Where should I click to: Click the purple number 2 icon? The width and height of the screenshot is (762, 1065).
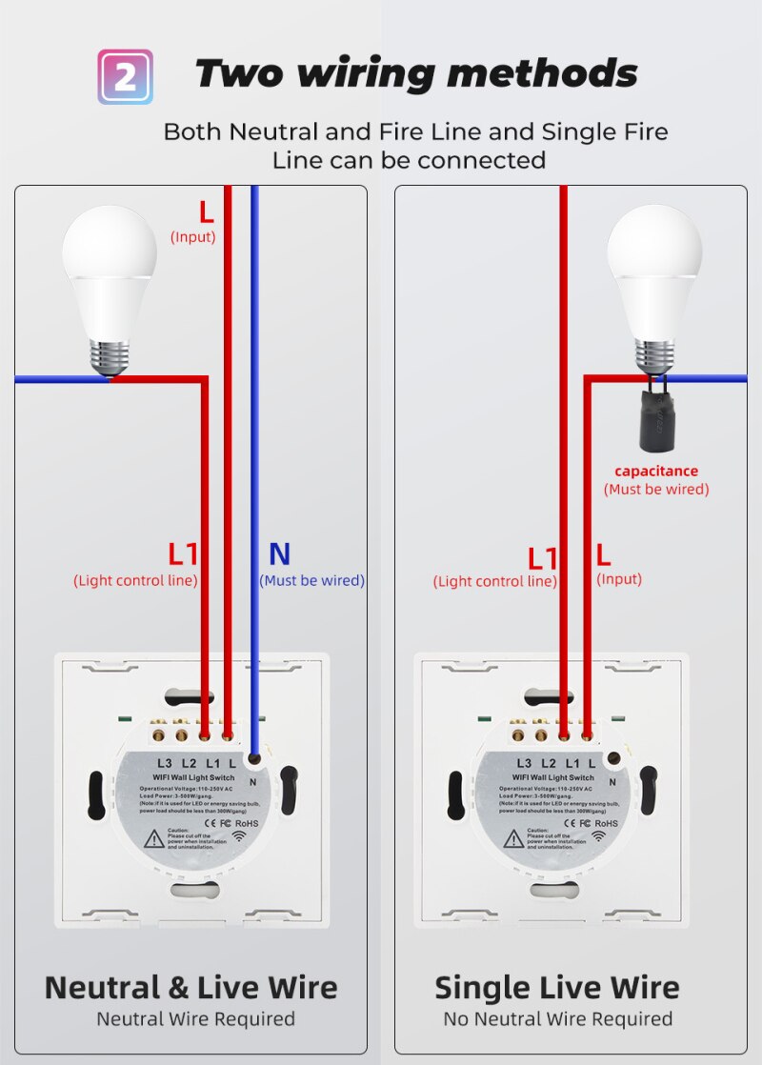pyautogui.click(x=125, y=76)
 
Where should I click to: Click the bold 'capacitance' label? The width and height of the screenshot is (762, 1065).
pyautogui.click(x=656, y=471)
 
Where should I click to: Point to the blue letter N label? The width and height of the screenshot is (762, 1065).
pyautogui.click(x=279, y=553)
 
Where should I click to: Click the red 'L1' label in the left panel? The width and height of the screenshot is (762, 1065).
pyautogui.click(x=183, y=553)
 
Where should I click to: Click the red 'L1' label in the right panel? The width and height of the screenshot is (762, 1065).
pyautogui.click(x=543, y=557)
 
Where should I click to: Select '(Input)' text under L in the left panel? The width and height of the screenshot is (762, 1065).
pyautogui.click(x=192, y=237)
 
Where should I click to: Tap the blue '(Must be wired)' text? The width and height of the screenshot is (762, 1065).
pyautogui.click(x=311, y=580)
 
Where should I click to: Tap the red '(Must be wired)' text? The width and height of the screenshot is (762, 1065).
pyautogui.click(x=656, y=490)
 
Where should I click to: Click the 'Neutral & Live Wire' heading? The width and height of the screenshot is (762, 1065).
pyautogui.click(x=190, y=987)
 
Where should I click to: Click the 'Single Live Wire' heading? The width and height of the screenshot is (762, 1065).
pyautogui.click(x=557, y=987)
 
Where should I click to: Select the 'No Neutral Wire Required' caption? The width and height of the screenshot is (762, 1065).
pyautogui.click(x=557, y=1019)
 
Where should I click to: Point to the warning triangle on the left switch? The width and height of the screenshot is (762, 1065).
pyautogui.click(x=152, y=839)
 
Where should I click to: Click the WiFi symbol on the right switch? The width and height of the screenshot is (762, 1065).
pyautogui.click(x=601, y=836)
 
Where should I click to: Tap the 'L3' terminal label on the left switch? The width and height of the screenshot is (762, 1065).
pyautogui.click(x=165, y=763)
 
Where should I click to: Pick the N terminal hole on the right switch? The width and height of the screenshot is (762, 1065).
pyautogui.click(x=614, y=760)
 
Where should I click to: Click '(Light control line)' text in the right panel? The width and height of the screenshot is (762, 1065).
pyautogui.click(x=494, y=581)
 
